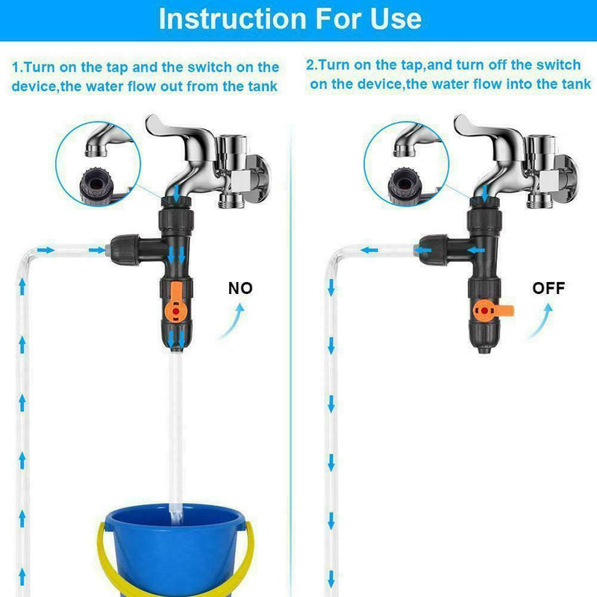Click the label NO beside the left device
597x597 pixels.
click(240, 288)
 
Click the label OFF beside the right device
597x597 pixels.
click(548, 288)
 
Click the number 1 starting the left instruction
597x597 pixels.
click(15, 68)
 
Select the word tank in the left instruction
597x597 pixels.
click(260, 87)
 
